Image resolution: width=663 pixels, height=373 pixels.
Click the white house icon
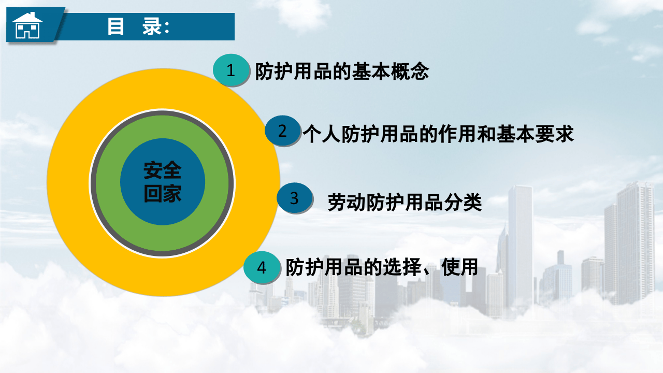coord(27,26)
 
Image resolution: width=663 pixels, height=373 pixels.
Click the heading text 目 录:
coord(138,27)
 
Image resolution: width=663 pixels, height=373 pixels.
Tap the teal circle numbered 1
coord(231,70)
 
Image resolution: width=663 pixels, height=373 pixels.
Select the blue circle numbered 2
coord(282,131)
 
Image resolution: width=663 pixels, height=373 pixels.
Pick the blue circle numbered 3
coord(294,198)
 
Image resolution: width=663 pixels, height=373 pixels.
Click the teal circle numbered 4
coord(262,268)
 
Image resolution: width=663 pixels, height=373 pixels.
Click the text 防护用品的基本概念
coord(342,71)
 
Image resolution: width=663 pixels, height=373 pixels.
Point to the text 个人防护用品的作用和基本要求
coord(438,133)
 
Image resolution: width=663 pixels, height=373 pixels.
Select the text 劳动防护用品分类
coord(405,202)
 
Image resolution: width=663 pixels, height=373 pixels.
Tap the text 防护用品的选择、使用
coord(381,267)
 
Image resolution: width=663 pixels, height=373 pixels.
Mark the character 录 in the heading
coord(154,27)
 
